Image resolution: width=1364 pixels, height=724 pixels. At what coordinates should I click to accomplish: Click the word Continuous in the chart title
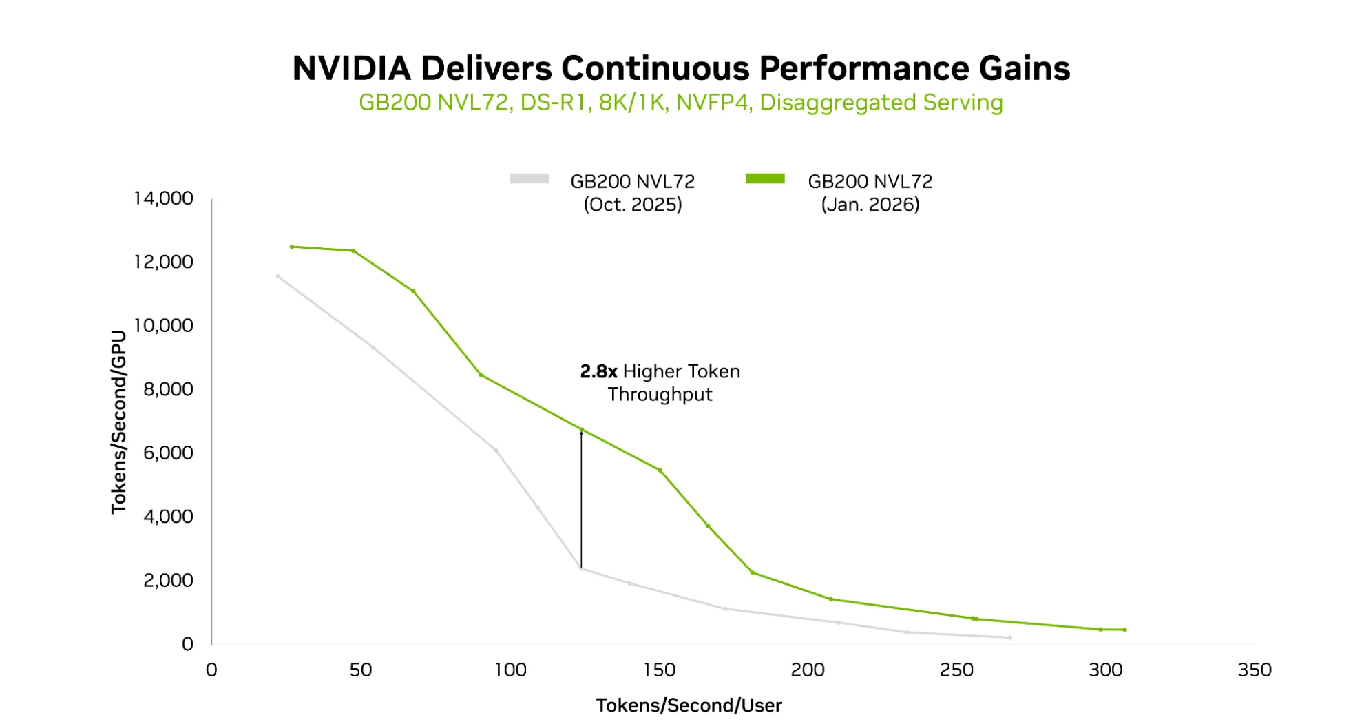[x=655, y=68]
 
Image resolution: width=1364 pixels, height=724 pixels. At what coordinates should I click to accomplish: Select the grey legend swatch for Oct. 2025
[x=529, y=179]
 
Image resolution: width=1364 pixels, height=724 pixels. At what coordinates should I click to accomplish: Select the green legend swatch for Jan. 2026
[x=765, y=179]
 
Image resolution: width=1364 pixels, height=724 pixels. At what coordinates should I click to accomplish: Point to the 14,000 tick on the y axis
[x=163, y=198]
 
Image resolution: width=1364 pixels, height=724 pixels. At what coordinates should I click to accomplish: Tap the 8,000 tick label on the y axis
[x=168, y=389]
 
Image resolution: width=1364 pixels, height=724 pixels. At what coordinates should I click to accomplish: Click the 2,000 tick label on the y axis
[x=168, y=580]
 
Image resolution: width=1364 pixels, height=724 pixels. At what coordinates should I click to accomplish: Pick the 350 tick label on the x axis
[x=1254, y=670]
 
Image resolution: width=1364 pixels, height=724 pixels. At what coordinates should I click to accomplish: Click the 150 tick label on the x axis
[x=659, y=670]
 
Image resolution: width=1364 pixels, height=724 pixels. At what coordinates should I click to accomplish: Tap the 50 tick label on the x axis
[x=360, y=670]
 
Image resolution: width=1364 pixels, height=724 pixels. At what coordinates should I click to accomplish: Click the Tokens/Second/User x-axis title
[x=689, y=705]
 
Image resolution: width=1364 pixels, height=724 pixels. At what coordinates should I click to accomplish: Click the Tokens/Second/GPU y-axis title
[x=119, y=422]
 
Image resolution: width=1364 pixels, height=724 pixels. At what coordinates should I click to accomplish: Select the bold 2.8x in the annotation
[x=598, y=372]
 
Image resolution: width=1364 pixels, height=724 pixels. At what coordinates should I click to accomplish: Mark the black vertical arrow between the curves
[x=581, y=499]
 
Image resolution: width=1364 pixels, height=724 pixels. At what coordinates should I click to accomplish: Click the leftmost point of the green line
[x=292, y=247]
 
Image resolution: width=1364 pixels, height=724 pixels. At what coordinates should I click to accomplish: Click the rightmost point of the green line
[x=1124, y=630]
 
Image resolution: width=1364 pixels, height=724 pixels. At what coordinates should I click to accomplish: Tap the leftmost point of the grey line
[x=278, y=276]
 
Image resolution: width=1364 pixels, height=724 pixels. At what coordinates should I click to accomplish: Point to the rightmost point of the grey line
[x=1010, y=638]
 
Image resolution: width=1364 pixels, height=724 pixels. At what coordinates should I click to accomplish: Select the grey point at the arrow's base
[x=581, y=569]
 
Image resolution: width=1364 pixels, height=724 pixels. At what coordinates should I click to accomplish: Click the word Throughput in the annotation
[x=660, y=395]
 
